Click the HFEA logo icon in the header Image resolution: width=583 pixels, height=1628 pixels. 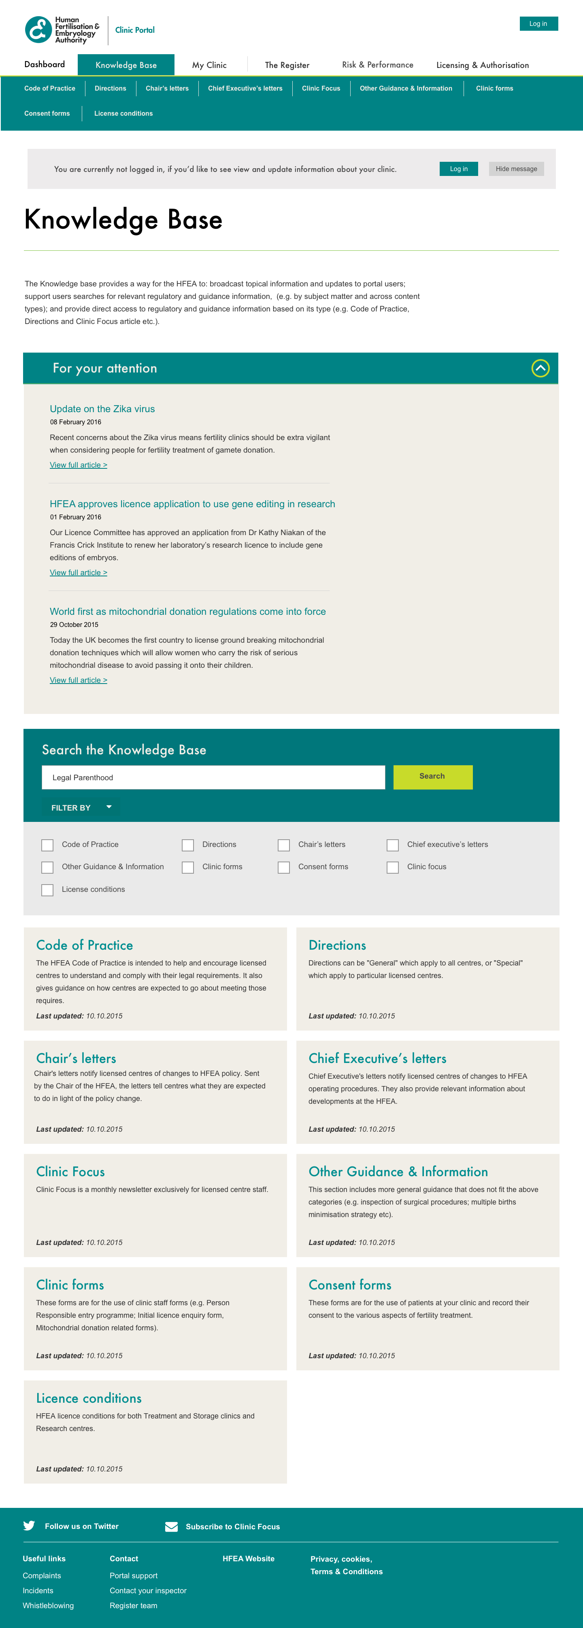(38, 30)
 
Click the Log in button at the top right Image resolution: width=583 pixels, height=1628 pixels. (538, 24)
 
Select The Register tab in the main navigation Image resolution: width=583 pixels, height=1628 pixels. (287, 65)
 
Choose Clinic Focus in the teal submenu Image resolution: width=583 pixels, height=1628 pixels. (321, 89)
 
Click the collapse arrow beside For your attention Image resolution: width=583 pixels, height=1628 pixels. (540, 368)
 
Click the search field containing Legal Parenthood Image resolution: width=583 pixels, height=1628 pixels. (213, 777)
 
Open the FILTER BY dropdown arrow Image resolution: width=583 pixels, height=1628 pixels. (109, 807)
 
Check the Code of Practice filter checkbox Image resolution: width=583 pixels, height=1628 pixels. (47, 845)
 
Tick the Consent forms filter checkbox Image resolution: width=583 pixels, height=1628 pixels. (284, 867)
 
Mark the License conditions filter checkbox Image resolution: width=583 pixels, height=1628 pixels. (47, 890)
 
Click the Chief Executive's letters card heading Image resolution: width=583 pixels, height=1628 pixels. (377, 1059)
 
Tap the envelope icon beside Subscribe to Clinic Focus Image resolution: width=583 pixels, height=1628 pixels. (171, 1527)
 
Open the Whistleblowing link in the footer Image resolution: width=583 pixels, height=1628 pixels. (48, 1605)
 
